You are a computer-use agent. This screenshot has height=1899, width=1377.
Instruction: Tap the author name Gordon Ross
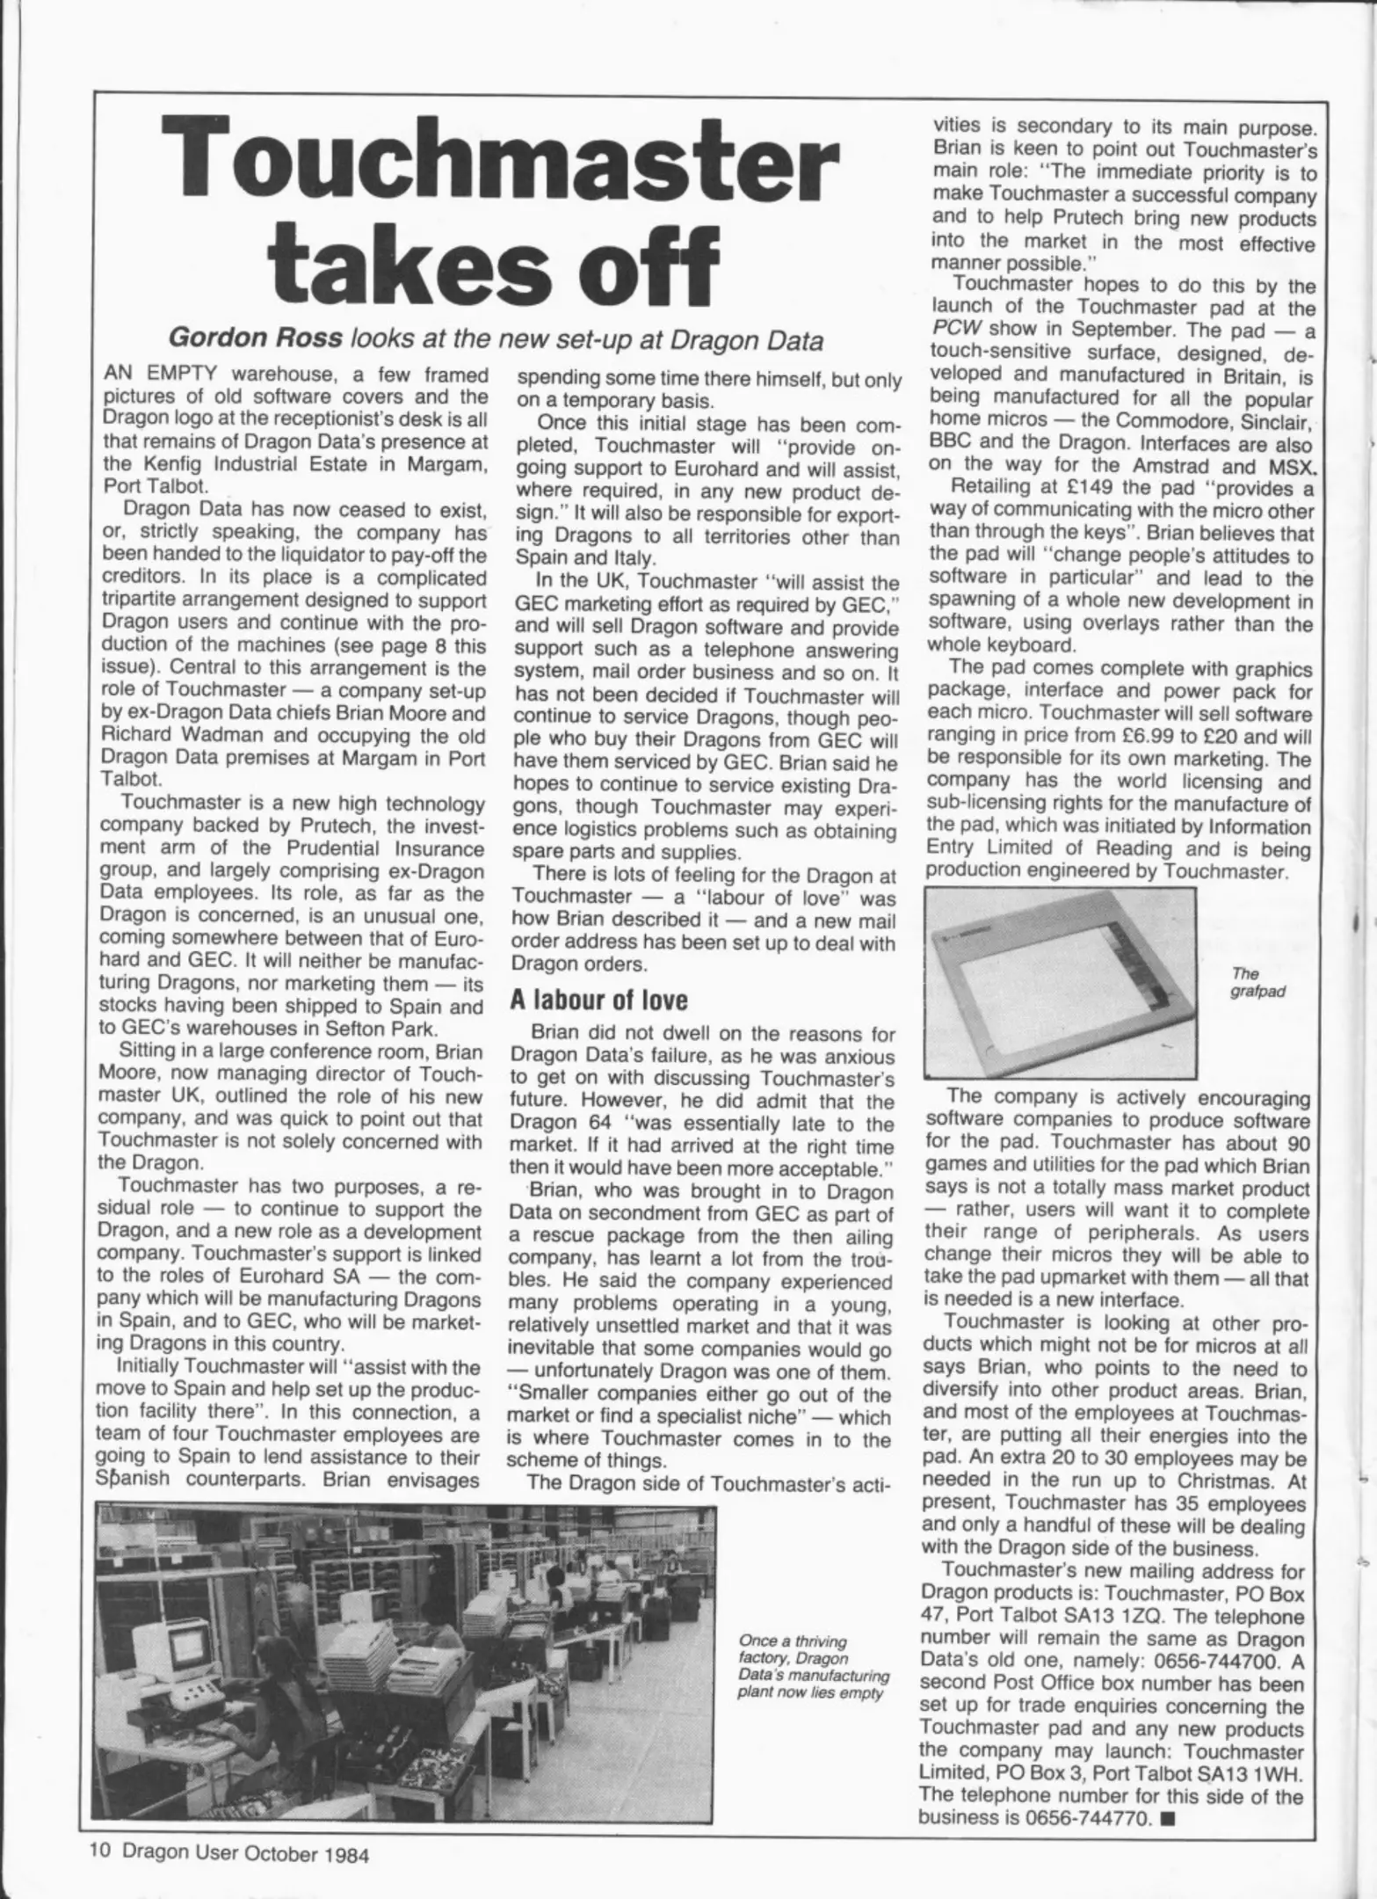pos(254,339)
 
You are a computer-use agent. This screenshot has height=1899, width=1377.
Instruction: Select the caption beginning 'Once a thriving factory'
pos(810,1667)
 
